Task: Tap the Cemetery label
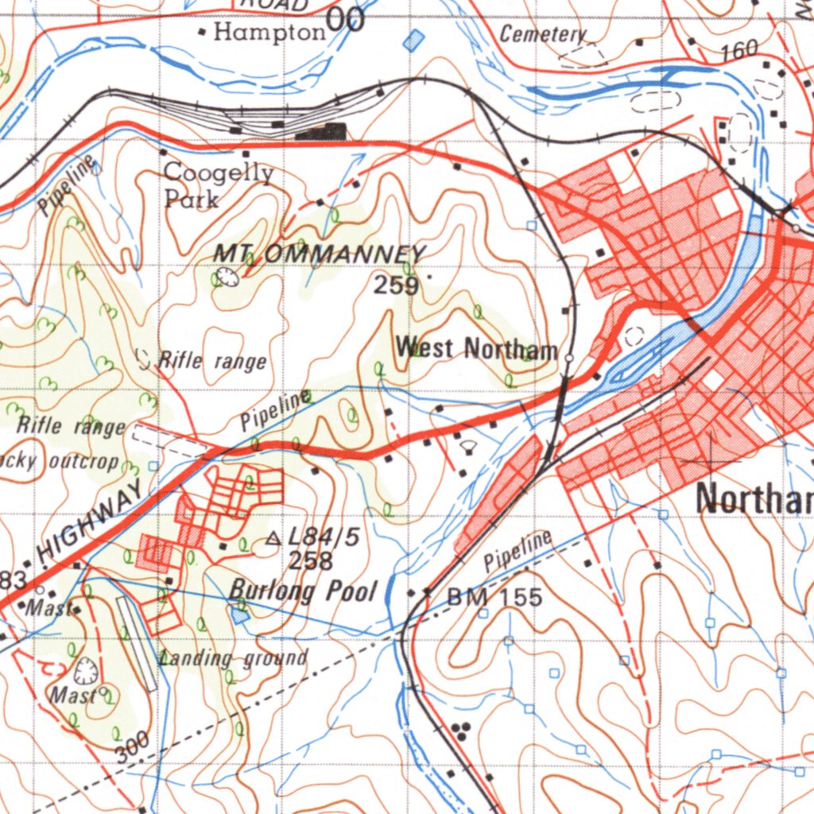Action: click(543, 34)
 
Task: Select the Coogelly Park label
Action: click(219, 185)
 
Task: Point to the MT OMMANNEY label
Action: click(320, 254)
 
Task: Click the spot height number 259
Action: click(396, 285)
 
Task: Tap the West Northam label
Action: click(477, 348)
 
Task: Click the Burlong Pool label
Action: click(303, 590)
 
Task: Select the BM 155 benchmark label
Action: click(494, 597)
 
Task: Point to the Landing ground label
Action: click(233, 657)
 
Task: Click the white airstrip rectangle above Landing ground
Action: click(137, 643)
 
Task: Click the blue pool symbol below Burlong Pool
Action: click(238, 613)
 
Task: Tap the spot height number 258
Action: click(310, 561)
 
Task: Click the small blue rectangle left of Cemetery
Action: click(413, 40)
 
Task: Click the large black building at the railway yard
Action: click(322, 131)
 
